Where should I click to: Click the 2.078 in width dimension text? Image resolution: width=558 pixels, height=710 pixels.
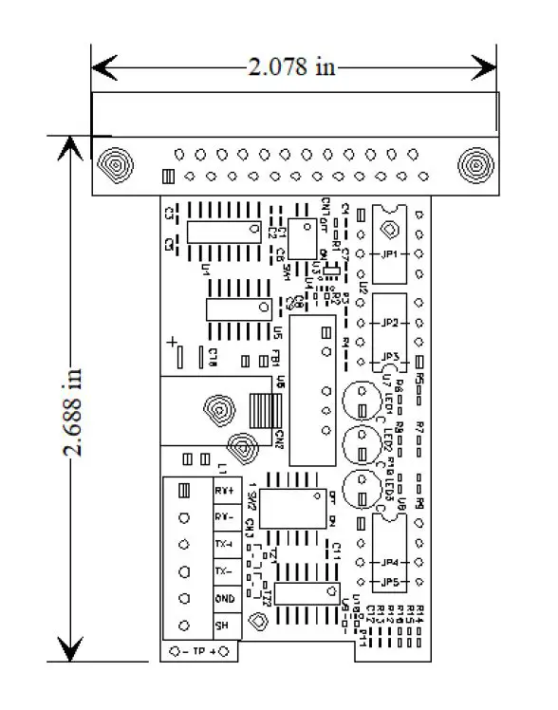click(292, 66)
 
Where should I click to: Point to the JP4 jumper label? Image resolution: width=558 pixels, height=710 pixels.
click(388, 563)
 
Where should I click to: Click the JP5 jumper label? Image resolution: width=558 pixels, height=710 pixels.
click(388, 582)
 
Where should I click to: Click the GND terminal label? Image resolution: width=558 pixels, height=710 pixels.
click(225, 599)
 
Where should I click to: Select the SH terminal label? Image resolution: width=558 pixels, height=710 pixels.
click(222, 626)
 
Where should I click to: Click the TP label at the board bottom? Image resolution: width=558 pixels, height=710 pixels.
click(198, 651)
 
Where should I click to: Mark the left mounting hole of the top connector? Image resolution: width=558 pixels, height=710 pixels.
click(114, 164)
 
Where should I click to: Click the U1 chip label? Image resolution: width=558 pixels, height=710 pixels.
click(205, 269)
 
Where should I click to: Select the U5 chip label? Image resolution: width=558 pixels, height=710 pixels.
click(276, 333)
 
